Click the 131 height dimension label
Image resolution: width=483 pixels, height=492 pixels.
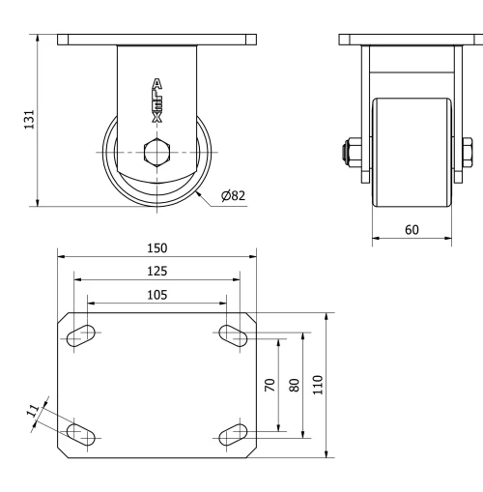click(x=30, y=119)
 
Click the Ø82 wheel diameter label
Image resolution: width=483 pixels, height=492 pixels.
click(x=233, y=195)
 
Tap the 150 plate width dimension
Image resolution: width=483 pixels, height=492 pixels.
click(x=156, y=248)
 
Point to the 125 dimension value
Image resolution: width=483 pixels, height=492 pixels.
click(x=156, y=272)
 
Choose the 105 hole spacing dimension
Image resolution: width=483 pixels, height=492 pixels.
click(x=156, y=294)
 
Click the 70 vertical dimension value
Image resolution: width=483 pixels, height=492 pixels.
click(x=270, y=385)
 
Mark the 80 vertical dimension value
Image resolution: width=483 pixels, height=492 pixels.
click(x=295, y=385)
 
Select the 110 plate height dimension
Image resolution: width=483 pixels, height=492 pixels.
click(x=318, y=385)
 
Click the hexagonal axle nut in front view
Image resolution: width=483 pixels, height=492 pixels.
click(x=156, y=153)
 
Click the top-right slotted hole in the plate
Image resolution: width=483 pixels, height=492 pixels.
click(x=233, y=334)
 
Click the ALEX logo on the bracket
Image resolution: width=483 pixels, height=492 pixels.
click(x=156, y=100)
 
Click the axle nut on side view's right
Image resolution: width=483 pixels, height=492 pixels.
click(x=468, y=152)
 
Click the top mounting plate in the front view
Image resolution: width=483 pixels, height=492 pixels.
click(x=156, y=40)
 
